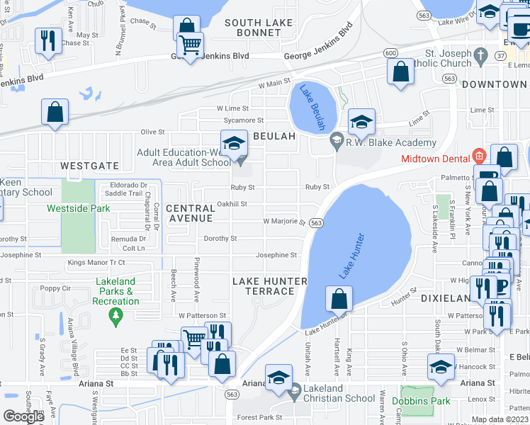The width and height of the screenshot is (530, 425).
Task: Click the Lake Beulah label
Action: pos(312,106)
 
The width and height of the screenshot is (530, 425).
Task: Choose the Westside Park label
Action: pos(79,209)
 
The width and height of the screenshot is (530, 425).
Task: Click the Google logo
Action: pos(23,416)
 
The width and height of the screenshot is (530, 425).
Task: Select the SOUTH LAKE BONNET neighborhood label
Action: pos(259,28)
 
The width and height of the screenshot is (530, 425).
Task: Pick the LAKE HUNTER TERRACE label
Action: pos(269,286)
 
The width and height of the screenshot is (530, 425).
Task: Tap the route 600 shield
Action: pos(390,53)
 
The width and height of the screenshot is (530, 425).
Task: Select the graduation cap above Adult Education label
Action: pos(233,144)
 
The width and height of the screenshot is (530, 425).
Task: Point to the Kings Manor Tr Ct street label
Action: pos(96,263)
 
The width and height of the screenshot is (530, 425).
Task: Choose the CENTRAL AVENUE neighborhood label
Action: pos(190,213)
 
